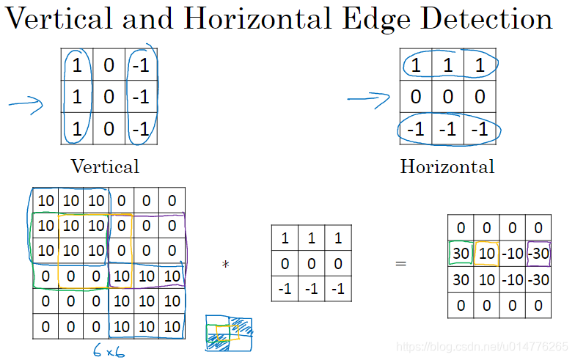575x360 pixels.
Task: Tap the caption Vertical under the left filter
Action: click(105, 166)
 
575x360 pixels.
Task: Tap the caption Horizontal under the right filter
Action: click(447, 166)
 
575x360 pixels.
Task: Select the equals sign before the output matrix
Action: click(401, 262)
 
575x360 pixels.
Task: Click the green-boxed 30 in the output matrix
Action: click(461, 254)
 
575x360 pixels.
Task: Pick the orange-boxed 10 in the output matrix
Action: click(486, 254)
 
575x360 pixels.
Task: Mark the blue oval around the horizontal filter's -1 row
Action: click(448, 129)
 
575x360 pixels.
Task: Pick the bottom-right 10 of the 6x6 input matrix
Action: click(172, 326)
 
